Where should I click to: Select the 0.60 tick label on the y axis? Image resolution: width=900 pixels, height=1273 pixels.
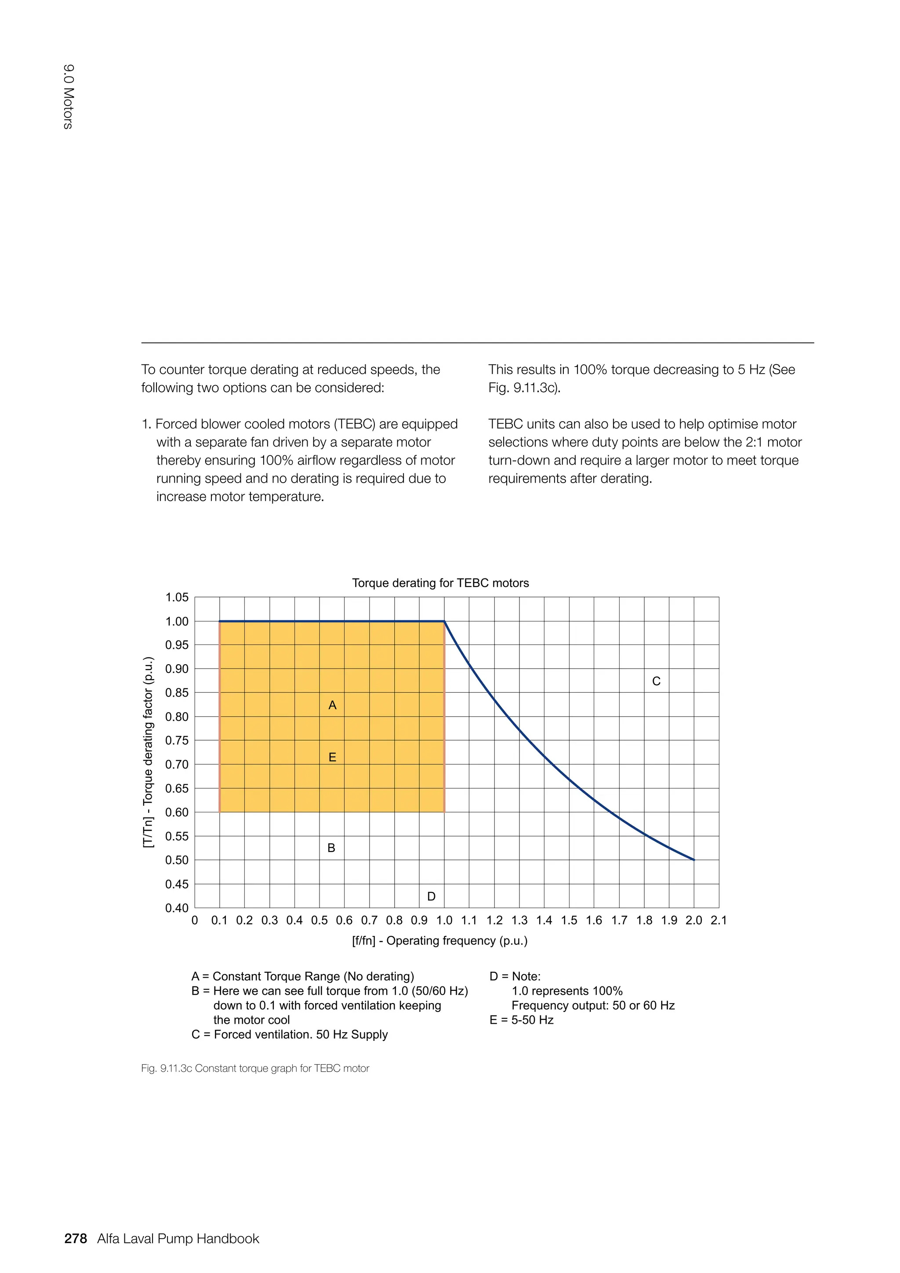pyautogui.click(x=177, y=812)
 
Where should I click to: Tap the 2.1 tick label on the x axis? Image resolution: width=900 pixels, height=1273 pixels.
pyautogui.click(x=719, y=920)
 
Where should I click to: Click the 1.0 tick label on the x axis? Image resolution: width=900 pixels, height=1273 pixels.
pyautogui.click(x=444, y=920)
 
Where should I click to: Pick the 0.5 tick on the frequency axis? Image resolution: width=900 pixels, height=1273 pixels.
pyautogui.click(x=319, y=920)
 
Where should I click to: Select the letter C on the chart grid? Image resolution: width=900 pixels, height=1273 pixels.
pyautogui.click(x=656, y=681)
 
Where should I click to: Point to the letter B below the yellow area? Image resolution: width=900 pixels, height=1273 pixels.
pyautogui.click(x=331, y=848)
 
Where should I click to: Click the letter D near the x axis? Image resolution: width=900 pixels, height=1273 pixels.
pyautogui.click(x=431, y=897)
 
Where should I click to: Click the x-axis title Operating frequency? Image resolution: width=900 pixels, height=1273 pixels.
pyautogui.click(x=439, y=941)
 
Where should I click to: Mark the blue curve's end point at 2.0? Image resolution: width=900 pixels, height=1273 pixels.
pyautogui.click(x=694, y=860)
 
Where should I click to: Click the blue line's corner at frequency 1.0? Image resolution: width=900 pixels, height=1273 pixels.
pyautogui.click(x=444, y=622)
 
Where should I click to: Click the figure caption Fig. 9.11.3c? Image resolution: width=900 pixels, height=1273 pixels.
pyautogui.click(x=255, y=1069)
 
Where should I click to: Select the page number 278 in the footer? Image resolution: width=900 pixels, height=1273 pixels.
pyautogui.click(x=76, y=1239)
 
